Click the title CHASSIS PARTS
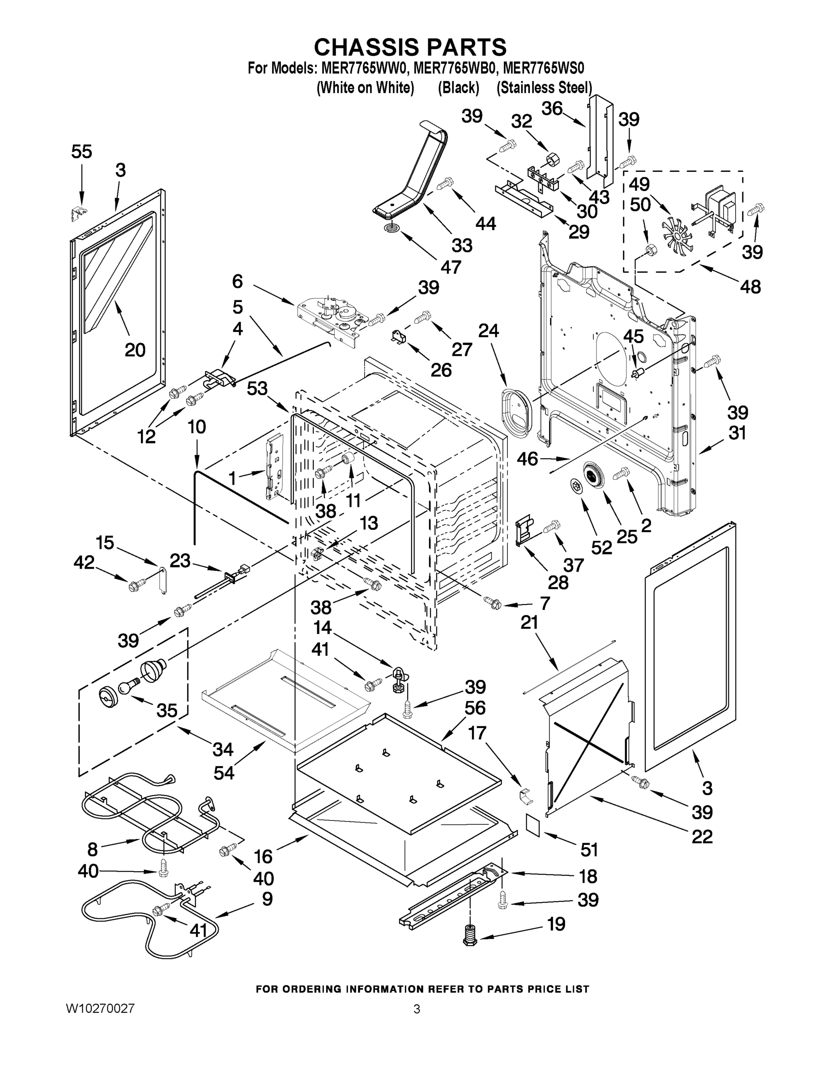pyautogui.click(x=410, y=47)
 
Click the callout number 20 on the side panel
pyautogui.click(x=135, y=349)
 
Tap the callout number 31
pyautogui.click(x=737, y=433)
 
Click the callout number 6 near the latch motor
pyautogui.click(x=238, y=281)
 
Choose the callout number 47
pyautogui.click(x=451, y=267)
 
